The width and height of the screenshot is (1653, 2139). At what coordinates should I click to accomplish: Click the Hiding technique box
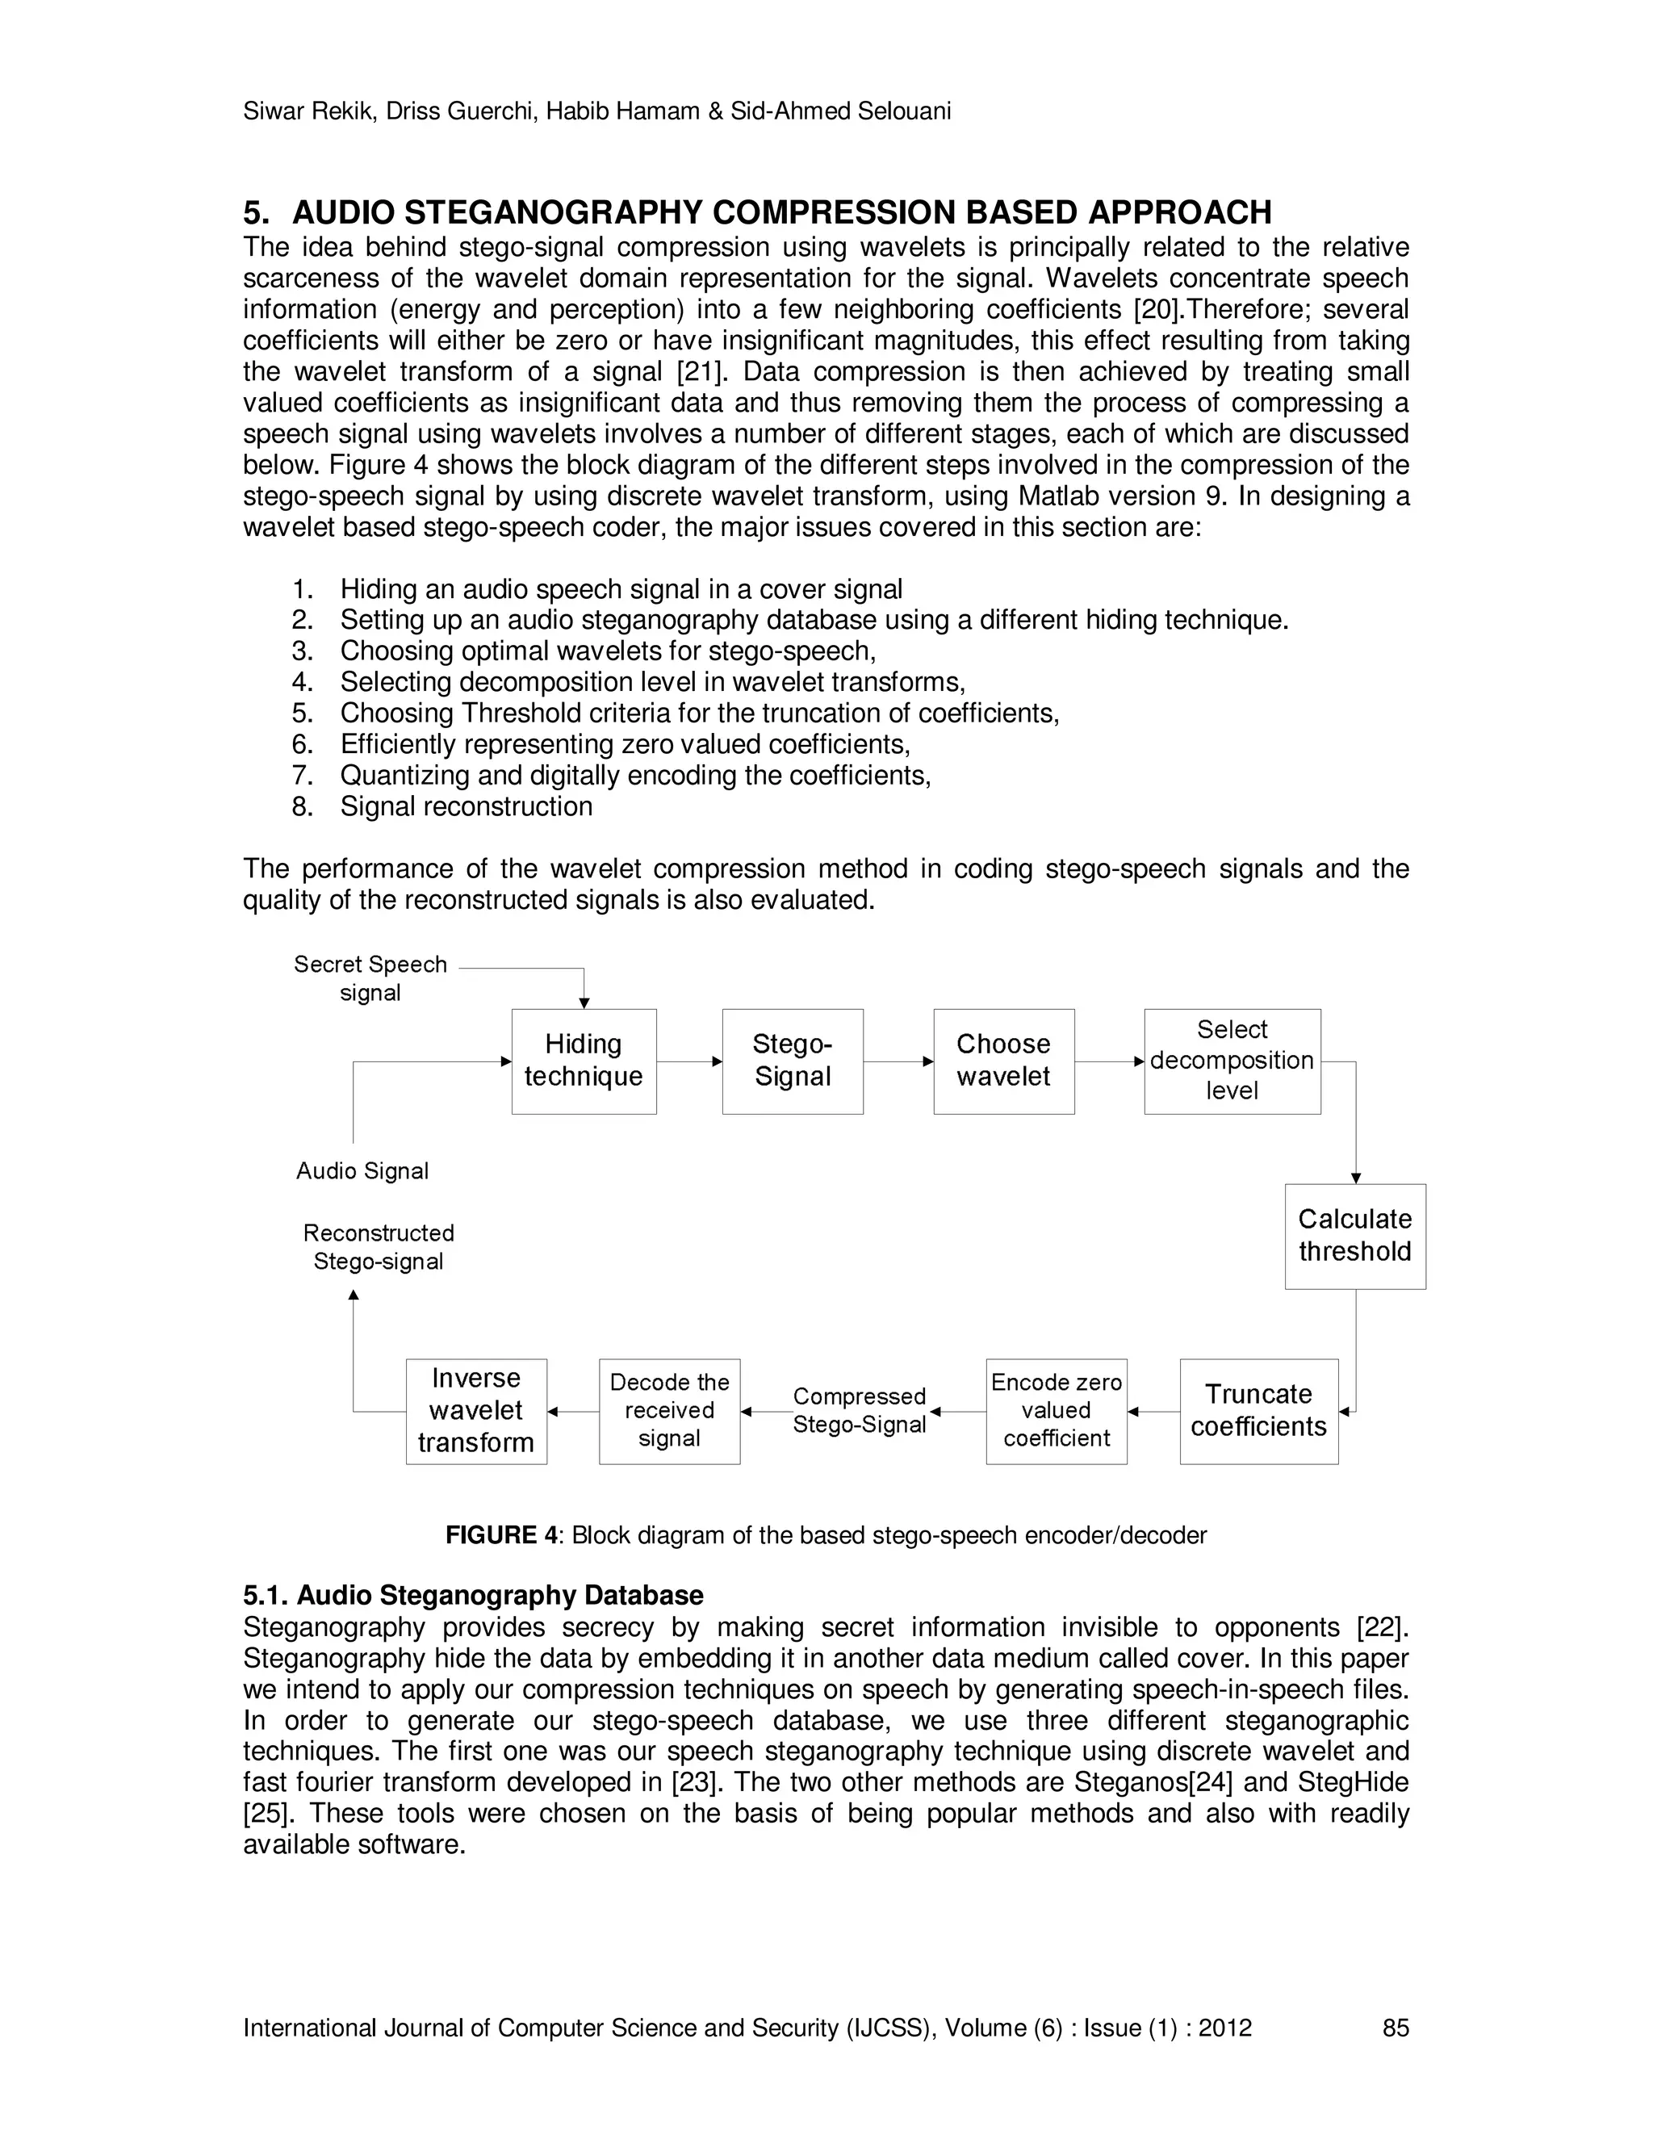[x=584, y=1061]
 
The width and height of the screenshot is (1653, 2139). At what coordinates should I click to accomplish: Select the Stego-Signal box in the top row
[x=793, y=1061]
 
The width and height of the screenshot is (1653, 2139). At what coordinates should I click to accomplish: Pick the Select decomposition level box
[x=1231, y=1061]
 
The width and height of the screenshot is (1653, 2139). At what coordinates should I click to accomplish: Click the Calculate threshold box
[x=1354, y=1236]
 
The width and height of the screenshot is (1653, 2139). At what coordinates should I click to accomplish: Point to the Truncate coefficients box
[x=1258, y=1410]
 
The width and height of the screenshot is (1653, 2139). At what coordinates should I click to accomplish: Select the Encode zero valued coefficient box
[x=1056, y=1410]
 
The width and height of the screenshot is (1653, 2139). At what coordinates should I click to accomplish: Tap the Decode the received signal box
[x=669, y=1410]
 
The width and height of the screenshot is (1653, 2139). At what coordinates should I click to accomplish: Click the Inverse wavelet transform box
[x=476, y=1410]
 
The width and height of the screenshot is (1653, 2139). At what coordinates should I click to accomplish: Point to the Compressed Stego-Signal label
[x=859, y=1410]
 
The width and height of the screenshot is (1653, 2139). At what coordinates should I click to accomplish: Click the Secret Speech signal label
[x=370, y=978]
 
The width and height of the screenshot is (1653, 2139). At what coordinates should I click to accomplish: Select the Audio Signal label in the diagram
[x=362, y=1171]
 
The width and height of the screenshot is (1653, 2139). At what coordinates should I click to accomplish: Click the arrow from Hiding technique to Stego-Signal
[x=689, y=1061]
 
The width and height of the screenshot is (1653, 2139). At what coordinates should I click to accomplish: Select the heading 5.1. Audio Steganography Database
[x=473, y=1596]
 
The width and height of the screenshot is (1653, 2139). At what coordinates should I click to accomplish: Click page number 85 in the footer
[x=1395, y=2028]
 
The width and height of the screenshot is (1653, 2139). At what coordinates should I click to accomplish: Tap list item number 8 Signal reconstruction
[x=465, y=806]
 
